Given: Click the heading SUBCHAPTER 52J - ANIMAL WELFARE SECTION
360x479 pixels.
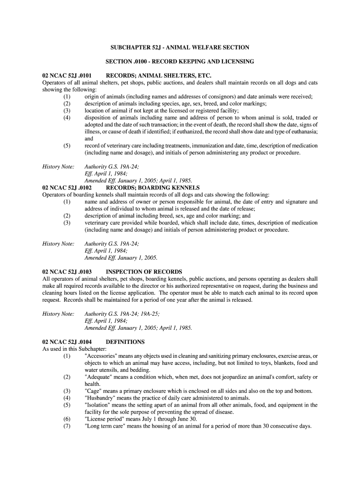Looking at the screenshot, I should pyautogui.click(x=180, y=47).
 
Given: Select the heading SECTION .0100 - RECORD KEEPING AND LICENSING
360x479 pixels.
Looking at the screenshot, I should pyautogui.click(x=180, y=61).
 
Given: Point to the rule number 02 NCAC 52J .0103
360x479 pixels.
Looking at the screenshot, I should pyautogui.click(x=67, y=272).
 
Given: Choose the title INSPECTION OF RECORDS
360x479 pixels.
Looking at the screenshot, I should pyautogui.click(x=144, y=272).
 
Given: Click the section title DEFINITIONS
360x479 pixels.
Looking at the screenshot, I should pyautogui.click(x=125, y=342).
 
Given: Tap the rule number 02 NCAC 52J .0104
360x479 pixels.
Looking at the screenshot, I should pyautogui.click(x=67, y=342).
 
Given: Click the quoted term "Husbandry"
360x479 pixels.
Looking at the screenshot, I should pyautogui.click(x=101, y=398).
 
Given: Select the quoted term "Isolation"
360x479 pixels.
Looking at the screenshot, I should pyautogui.click(x=98, y=405).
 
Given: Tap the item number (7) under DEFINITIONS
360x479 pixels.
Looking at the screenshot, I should pyautogui.click(x=67, y=426).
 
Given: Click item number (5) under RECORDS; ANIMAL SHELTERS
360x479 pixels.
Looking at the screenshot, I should pyautogui.click(x=67, y=145).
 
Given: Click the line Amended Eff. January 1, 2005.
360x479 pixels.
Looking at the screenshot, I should pyautogui.click(x=121, y=258).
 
